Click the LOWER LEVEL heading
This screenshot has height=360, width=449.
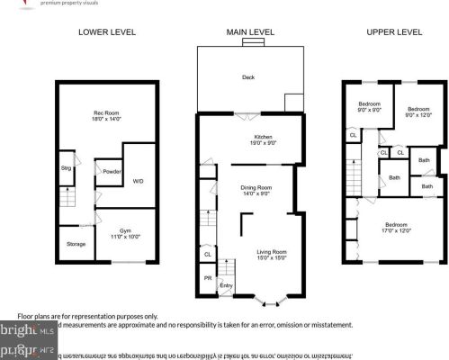coord(107,31)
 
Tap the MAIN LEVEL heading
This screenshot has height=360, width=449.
coord(248,31)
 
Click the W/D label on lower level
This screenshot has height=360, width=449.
coord(139,181)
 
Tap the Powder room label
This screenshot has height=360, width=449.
coord(111,171)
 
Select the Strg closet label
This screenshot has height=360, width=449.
coord(66,167)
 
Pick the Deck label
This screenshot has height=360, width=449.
coord(248,77)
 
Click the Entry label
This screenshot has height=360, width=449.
coord(226,286)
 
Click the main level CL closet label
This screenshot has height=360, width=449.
coord(208,255)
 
